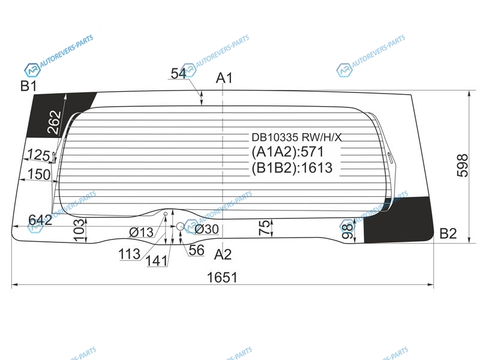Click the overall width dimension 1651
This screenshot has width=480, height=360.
(x=222, y=277)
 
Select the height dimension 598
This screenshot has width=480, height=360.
(x=462, y=166)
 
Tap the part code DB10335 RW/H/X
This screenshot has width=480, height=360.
(x=296, y=137)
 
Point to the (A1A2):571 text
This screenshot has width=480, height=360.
(x=287, y=152)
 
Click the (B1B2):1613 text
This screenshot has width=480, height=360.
(x=292, y=168)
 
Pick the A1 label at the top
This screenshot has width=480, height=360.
(x=224, y=78)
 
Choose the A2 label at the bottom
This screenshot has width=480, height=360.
(x=223, y=254)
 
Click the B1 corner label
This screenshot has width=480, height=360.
(x=28, y=86)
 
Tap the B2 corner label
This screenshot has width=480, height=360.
(x=448, y=233)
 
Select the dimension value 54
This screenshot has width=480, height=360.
(x=178, y=73)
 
